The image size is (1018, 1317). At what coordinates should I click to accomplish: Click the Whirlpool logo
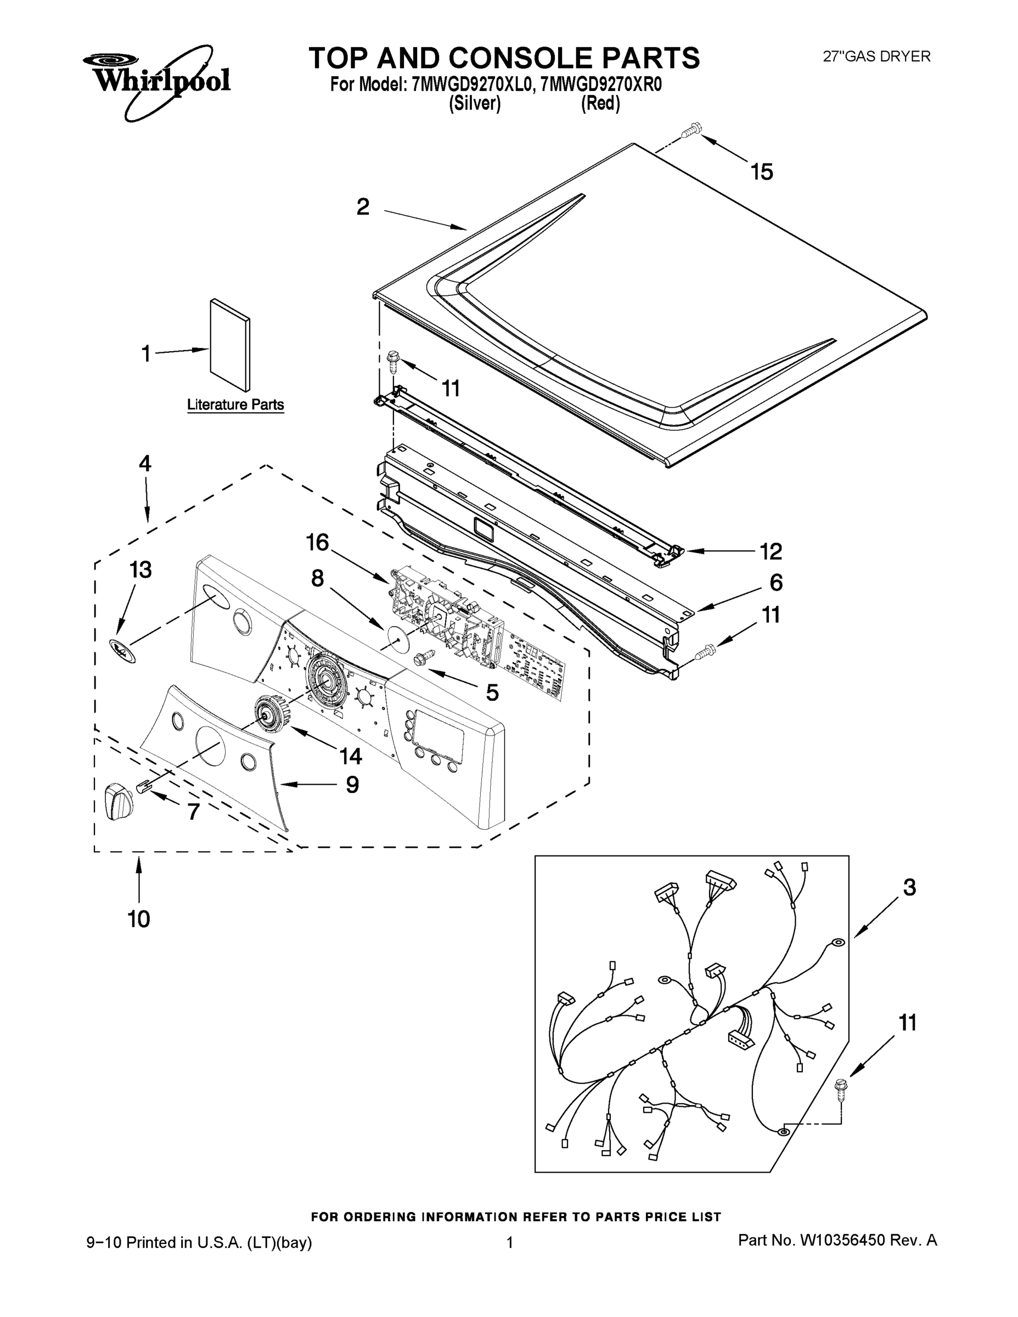pos(157,79)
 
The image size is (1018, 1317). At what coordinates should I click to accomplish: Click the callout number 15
pos(762,172)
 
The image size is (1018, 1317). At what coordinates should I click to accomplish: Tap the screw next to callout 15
pos(690,130)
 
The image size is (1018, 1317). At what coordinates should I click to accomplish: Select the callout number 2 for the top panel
pos(362,207)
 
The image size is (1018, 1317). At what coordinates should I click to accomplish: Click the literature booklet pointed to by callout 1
pos(230,346)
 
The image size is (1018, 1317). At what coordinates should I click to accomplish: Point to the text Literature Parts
pos(235,404)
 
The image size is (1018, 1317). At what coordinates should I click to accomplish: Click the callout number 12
pos(770,551)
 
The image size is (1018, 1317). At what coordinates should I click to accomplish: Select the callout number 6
pos(775,583)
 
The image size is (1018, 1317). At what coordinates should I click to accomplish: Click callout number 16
pos(318,543)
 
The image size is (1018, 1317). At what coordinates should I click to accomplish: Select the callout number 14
pos(350,756)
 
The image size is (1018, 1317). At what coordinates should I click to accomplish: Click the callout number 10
pos(139,919)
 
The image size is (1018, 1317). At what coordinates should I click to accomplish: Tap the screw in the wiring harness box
pos(839,1091)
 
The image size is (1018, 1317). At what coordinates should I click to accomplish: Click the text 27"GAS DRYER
pos(877,57)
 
